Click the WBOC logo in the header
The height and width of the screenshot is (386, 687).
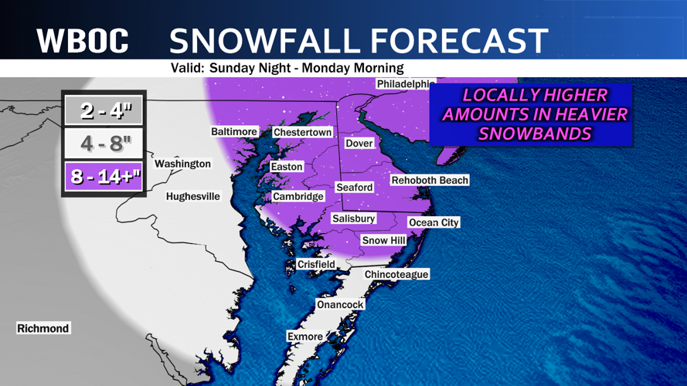point(83,40)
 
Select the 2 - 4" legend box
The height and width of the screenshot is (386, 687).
point(103,110)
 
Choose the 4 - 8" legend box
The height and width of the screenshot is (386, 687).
point(103,144)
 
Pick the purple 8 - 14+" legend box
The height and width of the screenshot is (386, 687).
point(103,178)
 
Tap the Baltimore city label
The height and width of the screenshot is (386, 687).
point(234,131)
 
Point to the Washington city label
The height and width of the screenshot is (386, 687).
point(182,164)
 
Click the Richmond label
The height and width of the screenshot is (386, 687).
point(43,328)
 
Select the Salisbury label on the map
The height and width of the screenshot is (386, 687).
point(353,218)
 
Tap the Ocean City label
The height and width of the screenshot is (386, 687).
point(434,222)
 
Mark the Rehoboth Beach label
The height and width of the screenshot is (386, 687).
point(430,180)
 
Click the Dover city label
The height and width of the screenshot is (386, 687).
point(359,143)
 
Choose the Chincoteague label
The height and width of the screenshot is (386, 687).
point(396,274)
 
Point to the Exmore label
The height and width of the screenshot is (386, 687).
point(304,337)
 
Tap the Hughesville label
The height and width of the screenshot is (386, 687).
point(193,196)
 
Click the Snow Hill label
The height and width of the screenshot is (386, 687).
point(384,241)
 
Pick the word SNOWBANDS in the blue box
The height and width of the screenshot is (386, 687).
point(534,134)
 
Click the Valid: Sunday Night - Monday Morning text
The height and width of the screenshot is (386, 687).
point(287,68)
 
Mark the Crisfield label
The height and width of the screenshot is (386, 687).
point(316,264)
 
